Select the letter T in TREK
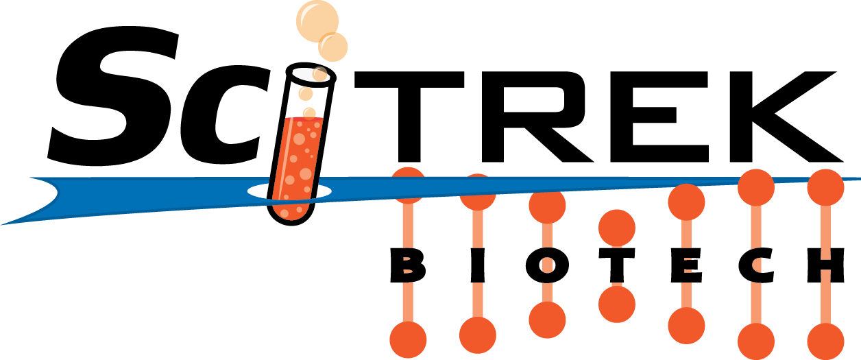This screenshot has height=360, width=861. (x=409, y=116)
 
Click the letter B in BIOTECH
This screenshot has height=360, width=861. (x=408, y=265)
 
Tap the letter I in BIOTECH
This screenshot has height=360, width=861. (x=477, y=265)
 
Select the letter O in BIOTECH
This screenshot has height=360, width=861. (x=547, y=265)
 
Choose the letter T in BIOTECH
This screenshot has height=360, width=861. (x=616, y=265)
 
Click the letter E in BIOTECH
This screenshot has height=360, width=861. (x=686, y=265)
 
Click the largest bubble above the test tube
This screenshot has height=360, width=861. (x=317, y=21)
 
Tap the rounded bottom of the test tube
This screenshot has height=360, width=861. (x=291, y=213)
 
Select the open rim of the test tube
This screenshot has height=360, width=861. (x=311, y=74)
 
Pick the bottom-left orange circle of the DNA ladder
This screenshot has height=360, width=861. (x=408, y=339)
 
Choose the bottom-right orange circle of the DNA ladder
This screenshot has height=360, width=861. (x=825, y=341)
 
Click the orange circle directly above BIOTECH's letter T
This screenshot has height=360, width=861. (x=617, y=228)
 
